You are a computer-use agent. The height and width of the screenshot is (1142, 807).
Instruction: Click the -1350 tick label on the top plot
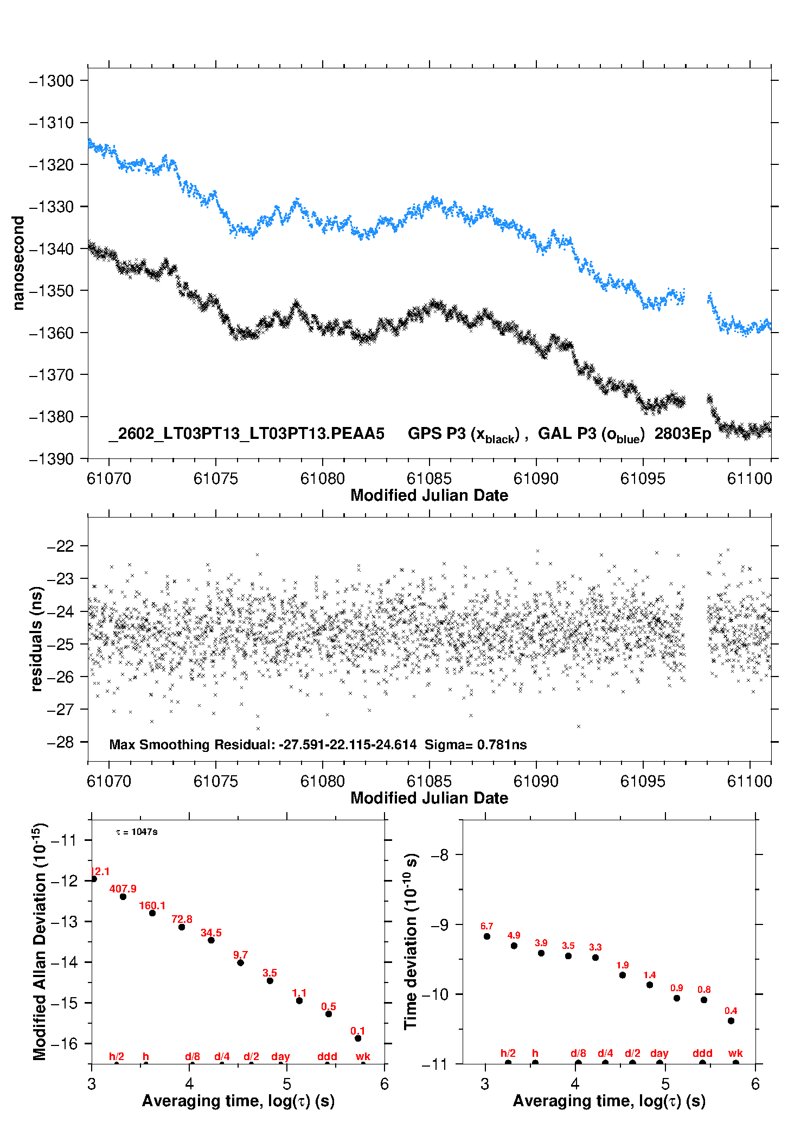(x=51, y=291)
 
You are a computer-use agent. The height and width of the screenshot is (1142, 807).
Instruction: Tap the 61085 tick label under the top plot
(x=429, y=479)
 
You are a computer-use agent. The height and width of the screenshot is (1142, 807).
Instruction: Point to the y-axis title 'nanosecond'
(x=18, y=263)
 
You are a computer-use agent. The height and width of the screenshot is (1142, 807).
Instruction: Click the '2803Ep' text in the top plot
(x=682, y=433)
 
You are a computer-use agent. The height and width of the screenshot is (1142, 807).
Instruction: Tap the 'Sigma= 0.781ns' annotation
(x=476, y=744)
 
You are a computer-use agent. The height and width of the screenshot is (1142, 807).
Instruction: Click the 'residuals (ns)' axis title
(x=36, y=639)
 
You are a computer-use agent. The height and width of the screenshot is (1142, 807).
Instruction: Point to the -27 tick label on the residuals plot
(x=61, y=710)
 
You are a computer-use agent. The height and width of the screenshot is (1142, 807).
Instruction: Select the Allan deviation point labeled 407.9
(x=123, y=897)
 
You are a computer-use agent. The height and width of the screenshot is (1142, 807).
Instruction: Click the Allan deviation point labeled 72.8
(x=182, y=927)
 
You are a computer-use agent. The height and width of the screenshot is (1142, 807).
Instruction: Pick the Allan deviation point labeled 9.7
(x=240, y=962)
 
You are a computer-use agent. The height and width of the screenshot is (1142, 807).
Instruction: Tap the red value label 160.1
(x=152, y=905)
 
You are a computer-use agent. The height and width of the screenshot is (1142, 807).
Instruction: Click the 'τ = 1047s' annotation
(x=137, y=832)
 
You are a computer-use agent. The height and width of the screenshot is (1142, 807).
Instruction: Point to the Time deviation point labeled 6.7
(x=487, y=936)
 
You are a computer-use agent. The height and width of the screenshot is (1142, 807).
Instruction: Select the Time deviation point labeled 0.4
(x=731, y=1021)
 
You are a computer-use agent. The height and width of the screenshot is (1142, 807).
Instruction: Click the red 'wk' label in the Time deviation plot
(x=735, y=1053)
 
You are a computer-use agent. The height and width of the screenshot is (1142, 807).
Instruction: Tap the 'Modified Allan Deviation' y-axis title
(x=40, y=942)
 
